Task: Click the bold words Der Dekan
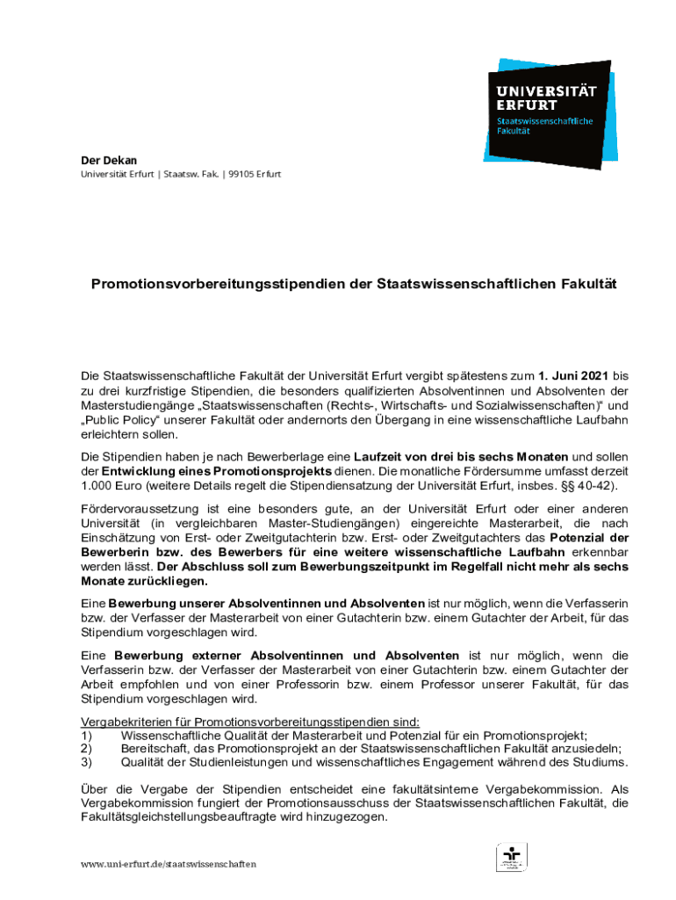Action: (x=104, y=160)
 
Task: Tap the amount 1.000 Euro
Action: (x=112, y=486)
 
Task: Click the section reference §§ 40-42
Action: (x=587, y=486)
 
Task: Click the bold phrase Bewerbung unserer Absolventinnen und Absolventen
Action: (x=266, y=603)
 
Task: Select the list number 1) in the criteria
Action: (x=86, y=736)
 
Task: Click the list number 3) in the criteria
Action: (x=86, y=762)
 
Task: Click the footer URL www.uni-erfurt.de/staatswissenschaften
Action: (x=169, y=864)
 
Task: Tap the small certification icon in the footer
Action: (x=512, y=857)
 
